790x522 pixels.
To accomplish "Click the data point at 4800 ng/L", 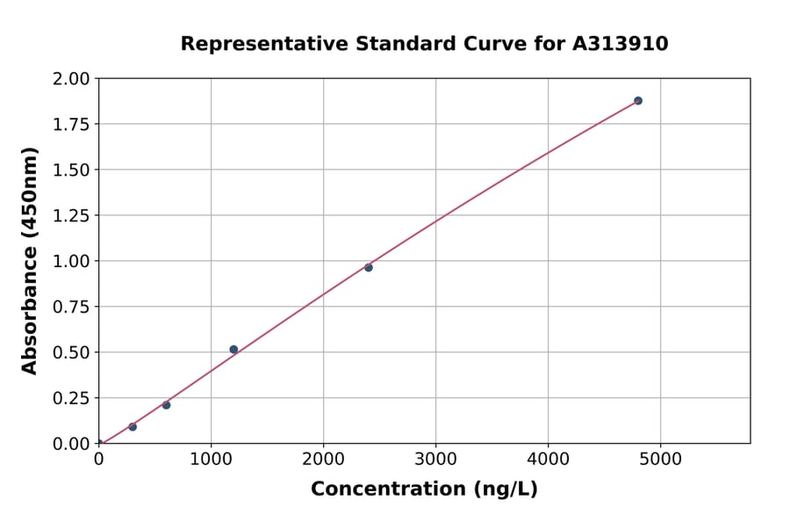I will pos(638,100).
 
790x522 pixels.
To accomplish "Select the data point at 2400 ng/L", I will pos(369,267).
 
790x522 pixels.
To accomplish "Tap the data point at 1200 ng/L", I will pos(233,349).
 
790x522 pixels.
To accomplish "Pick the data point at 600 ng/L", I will pos(166,405).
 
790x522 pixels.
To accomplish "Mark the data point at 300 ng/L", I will pos(133,426).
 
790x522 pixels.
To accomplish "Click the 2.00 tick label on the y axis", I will pos(71,79).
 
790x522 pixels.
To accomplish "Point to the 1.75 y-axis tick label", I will pos(71,124).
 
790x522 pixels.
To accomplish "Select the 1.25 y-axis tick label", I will pos(71,215).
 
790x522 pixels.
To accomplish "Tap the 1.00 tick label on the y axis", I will pos(71,261).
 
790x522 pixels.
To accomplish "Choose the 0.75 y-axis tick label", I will pos(71,307).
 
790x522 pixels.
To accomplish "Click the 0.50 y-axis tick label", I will pos(71,352).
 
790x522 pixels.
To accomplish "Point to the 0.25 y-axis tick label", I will pos(71,398).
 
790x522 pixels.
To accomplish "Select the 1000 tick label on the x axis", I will pos(211,458).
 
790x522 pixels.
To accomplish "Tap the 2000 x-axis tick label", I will pos(323,458).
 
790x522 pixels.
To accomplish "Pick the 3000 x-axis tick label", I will pos(436,458).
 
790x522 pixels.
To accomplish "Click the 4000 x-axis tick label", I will pos(549,458).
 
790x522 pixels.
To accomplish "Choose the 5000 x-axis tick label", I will pos(661,458).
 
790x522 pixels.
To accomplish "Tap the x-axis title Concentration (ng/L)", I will pos(424,489).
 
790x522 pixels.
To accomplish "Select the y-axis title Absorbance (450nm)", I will pos(30,261).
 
